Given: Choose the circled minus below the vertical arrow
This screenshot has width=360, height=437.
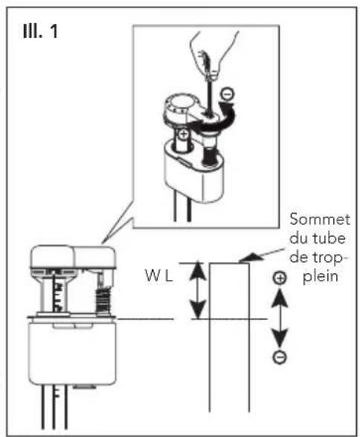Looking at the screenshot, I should pos(279,358).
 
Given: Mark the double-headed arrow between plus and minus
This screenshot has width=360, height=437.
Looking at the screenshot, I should pos(279,318).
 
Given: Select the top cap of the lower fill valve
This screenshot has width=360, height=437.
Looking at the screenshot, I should pos(74,258).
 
